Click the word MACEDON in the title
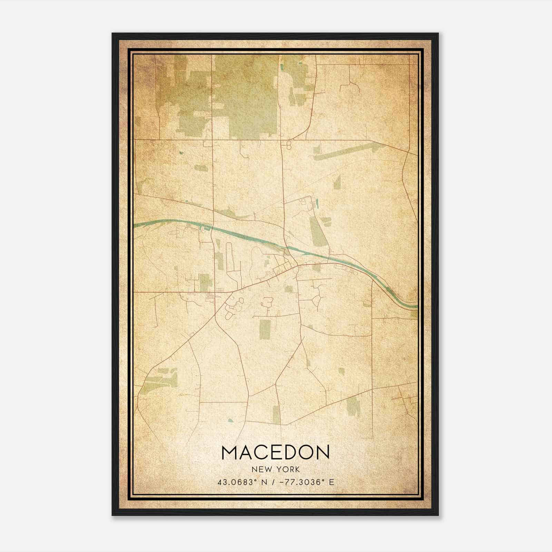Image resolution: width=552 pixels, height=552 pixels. [275, 453]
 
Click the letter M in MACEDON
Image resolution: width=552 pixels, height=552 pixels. [229, 453]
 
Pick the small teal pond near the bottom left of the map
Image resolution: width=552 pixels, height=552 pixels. [230, 421]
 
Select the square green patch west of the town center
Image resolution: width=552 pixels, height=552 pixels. [205, 282]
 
